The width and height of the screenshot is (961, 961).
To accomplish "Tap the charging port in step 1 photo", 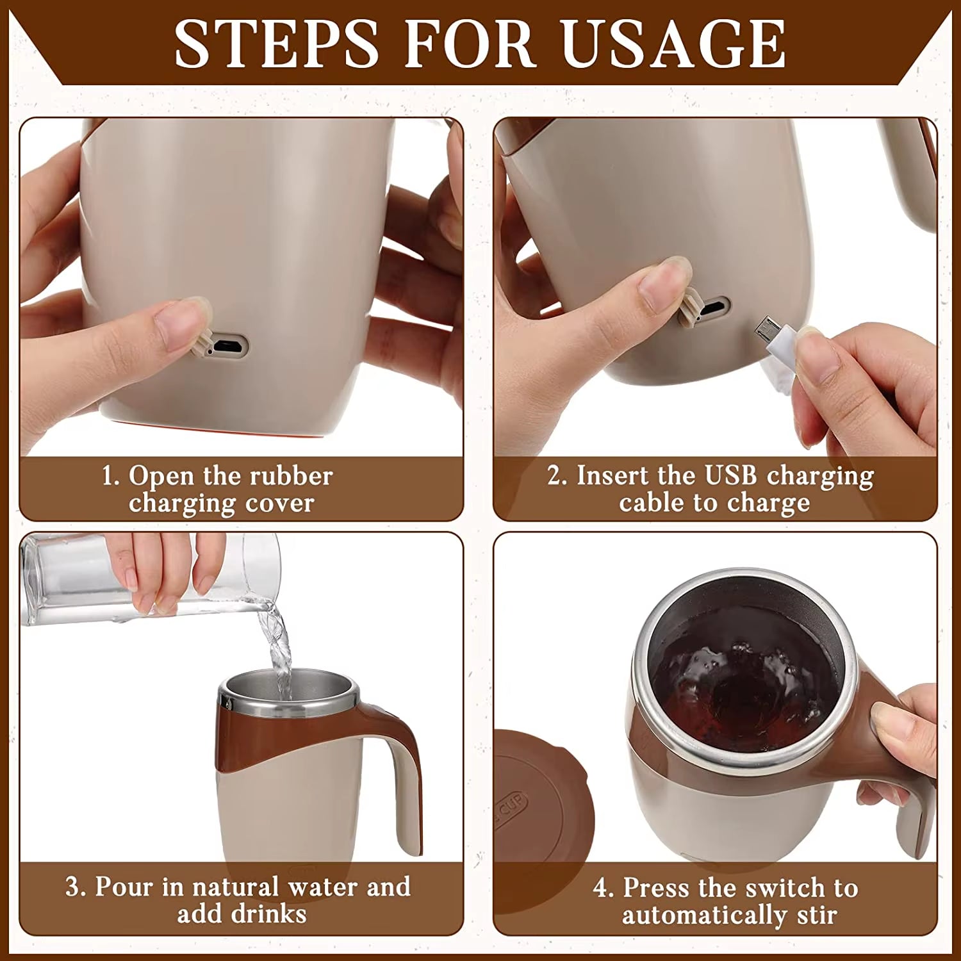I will pos(227,347).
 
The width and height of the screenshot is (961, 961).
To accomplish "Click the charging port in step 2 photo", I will pos(712,309).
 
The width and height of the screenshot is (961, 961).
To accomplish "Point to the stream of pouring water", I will pos(279,647).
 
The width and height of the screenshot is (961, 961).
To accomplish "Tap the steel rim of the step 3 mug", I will pos(288,705).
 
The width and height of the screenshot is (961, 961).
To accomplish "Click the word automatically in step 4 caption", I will pos(703,915).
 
